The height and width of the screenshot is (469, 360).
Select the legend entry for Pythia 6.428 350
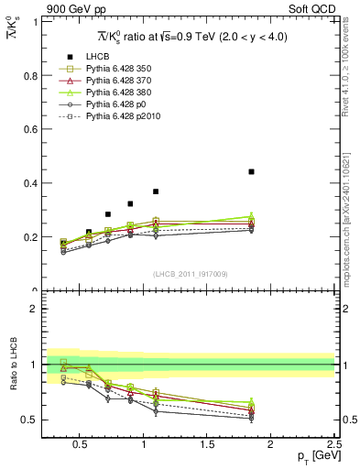[x=115, y=69]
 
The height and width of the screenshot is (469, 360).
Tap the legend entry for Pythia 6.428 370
[x=115, y=81]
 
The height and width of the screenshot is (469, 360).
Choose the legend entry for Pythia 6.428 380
[x=115, y=93]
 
